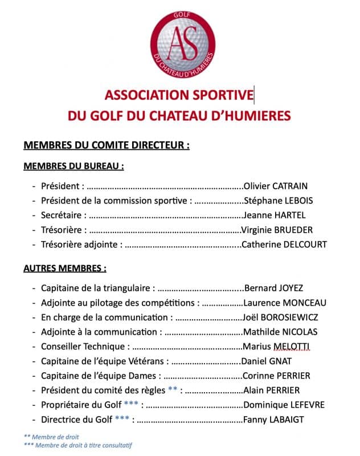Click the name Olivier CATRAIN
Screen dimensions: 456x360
click(x=275, y=185)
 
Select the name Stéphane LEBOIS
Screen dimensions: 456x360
click(x=278, y=200)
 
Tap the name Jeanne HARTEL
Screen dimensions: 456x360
click(x=274, y=215)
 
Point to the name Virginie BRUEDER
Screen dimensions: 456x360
click(x=277, y=230)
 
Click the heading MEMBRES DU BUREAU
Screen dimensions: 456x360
click(x=73, y=166)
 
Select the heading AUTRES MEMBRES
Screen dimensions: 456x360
click(x=64, y=268)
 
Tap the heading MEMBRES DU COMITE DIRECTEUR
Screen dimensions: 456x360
click(x=106, y=145)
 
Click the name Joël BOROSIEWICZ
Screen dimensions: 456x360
click(x=280, y=317)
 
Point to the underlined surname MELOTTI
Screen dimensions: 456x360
click(x=291, y=347)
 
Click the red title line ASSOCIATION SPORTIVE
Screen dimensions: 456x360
click(x=179, y=95)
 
